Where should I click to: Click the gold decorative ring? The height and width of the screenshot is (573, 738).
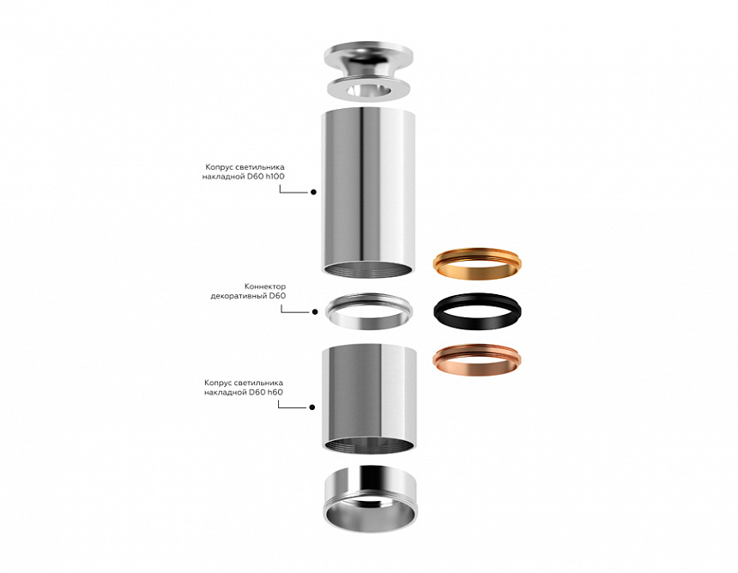(477, 264)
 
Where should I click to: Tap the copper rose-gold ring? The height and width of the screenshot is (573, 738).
(477, 359)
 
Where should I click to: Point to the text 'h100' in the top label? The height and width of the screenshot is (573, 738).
(274, 176)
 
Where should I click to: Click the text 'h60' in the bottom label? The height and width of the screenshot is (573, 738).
(274, 391)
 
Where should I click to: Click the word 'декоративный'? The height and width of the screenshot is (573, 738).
(239, 295)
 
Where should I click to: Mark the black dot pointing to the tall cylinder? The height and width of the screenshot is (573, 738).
(313, 193)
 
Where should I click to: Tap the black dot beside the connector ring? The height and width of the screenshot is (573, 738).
(313, 311)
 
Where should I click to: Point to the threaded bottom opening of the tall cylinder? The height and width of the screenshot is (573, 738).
(368, 268)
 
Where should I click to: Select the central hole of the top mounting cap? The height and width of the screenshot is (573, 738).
(367, 88)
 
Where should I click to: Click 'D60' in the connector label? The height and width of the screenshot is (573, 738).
(277, 295)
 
